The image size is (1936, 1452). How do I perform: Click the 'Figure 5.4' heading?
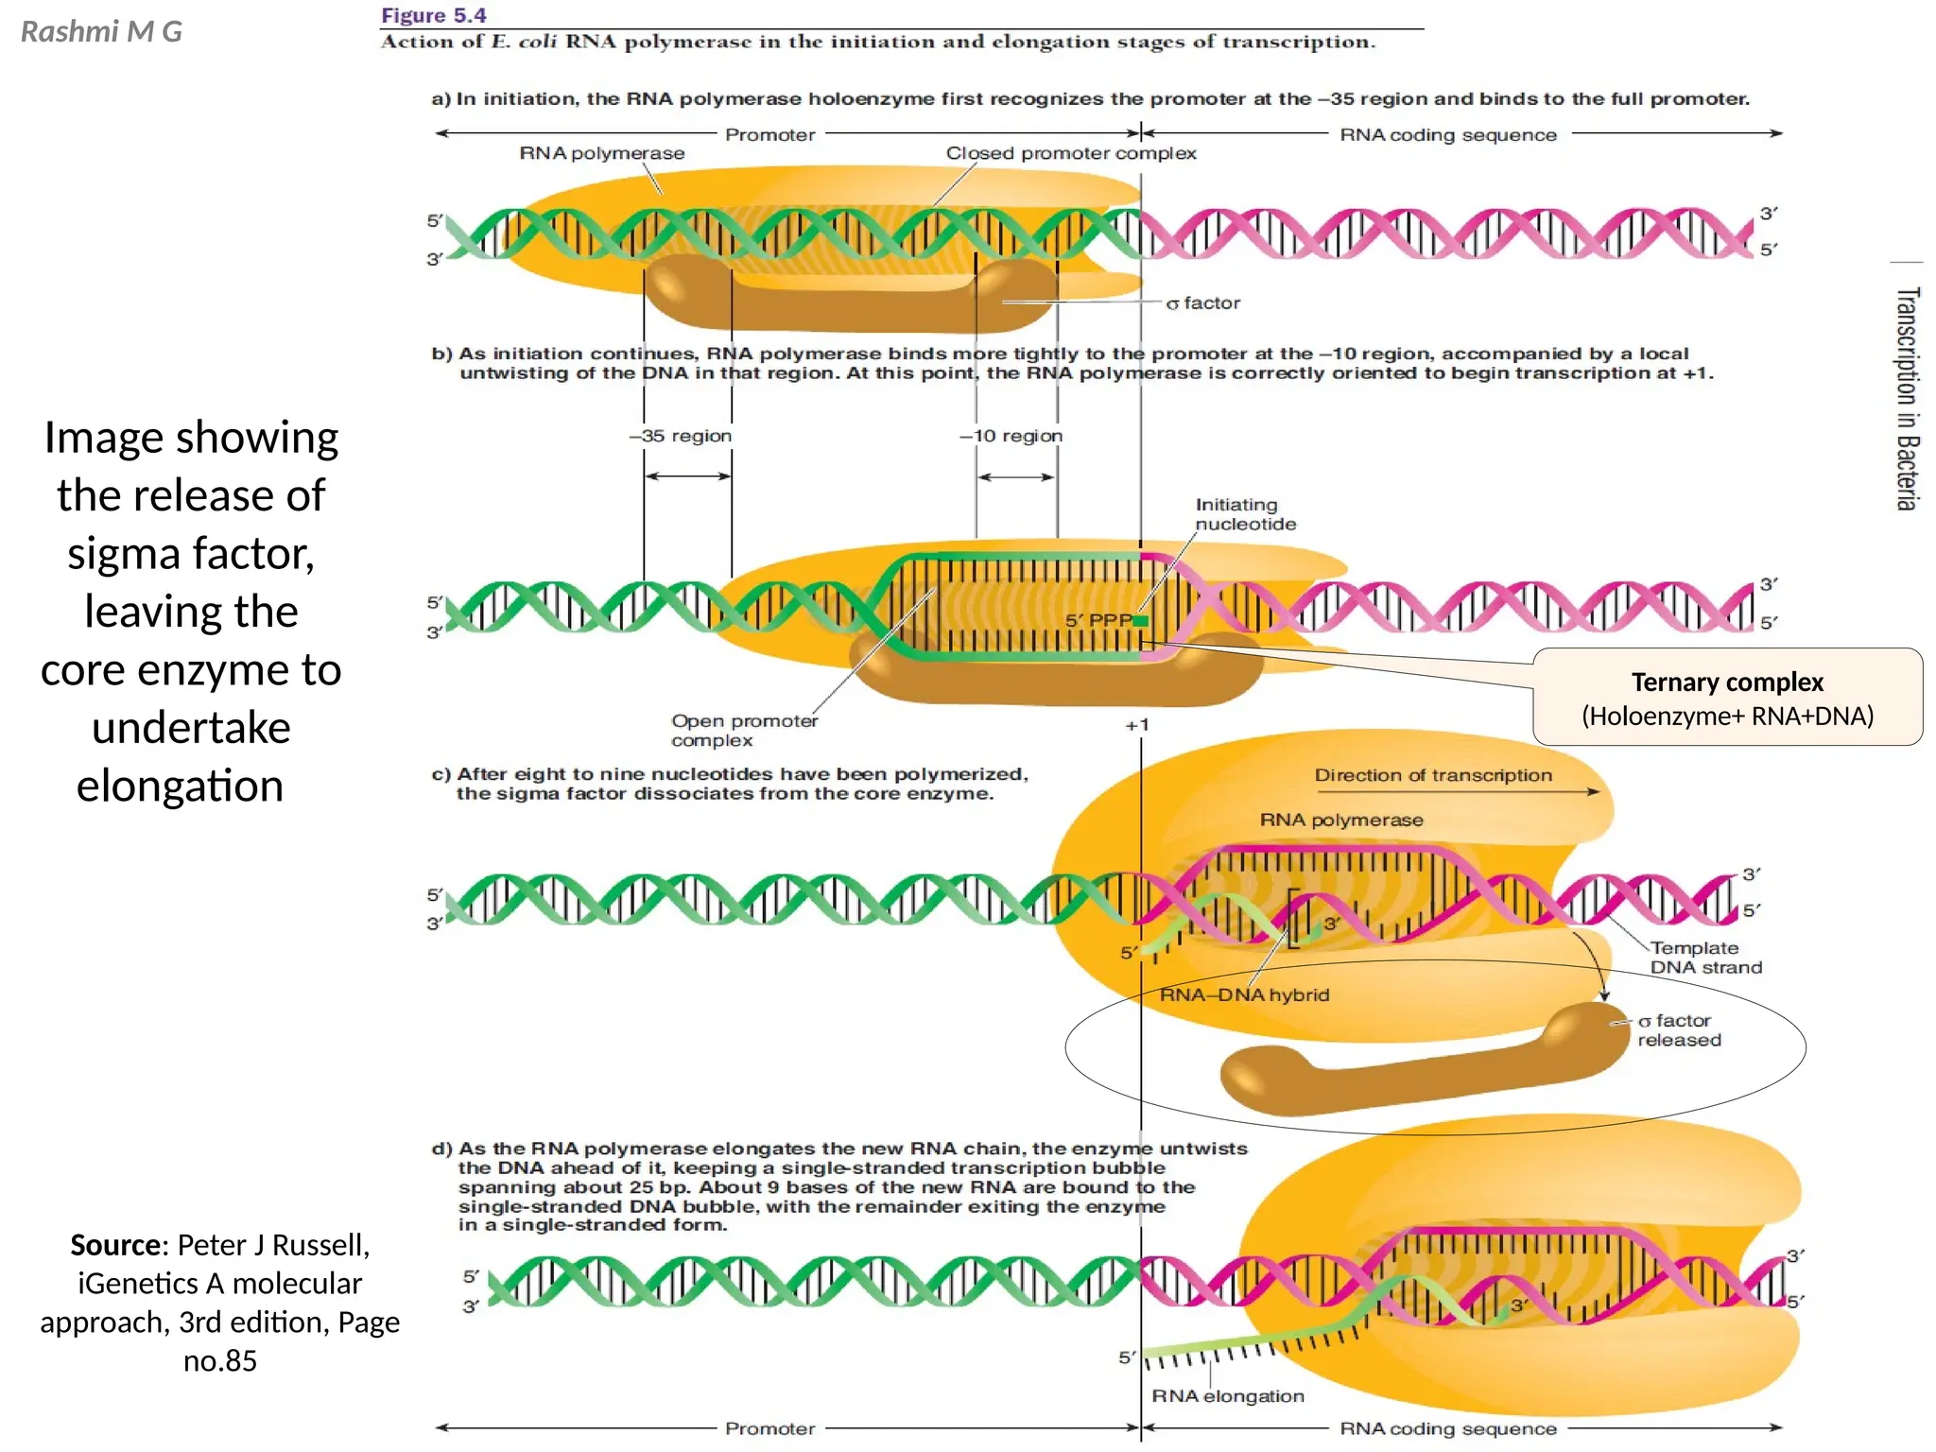(x=433, y=15)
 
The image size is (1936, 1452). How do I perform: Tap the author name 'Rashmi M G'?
(x=101, y=32)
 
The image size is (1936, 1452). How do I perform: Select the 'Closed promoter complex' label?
(x=1070, y=153)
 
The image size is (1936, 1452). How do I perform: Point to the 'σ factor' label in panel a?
(x=1202, y=303)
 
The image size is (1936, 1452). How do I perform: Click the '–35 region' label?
(x=681, y=436)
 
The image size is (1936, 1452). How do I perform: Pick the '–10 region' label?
(x=1011, y=436)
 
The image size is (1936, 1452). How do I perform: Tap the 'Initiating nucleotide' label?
(x=1245, y=514)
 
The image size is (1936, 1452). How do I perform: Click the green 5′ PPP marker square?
(x=1141, y=621)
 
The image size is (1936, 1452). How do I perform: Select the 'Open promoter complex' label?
(x=744, y=730)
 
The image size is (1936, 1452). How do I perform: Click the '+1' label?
(x=1137, y=725)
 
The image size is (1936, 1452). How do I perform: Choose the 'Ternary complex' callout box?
(x=1727, y=698)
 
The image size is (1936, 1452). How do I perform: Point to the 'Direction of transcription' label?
(x=1432, y=775)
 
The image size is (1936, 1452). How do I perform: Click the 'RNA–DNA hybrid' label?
(x=1244, y=994)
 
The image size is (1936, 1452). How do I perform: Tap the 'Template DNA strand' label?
(x=1705, y=957)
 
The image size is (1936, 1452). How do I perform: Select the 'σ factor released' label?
(x=1679, y=1030)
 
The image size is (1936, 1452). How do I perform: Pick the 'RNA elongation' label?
(x=1227, y=1396)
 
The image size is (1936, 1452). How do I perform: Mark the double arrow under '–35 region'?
(x=687, y=475)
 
